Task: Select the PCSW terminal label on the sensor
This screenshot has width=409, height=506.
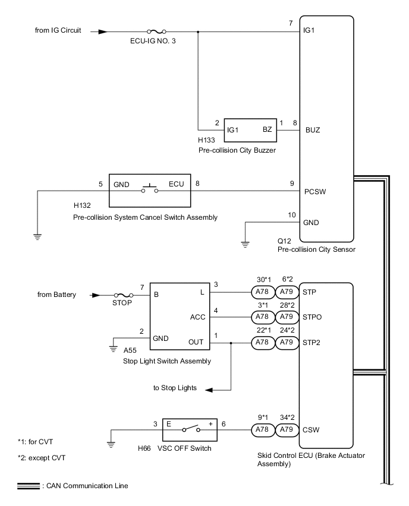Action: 315,192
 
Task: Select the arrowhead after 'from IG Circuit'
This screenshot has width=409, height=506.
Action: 102,32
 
